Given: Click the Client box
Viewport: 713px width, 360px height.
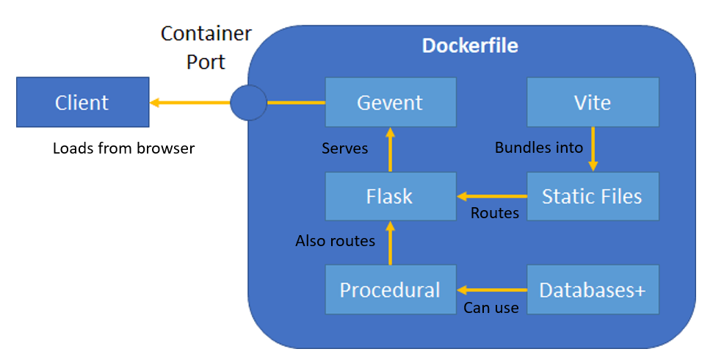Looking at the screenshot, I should click(82, 103).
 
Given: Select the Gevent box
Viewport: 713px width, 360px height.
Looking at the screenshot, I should click(390, 102).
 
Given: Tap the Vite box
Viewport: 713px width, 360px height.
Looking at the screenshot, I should click(592, 102).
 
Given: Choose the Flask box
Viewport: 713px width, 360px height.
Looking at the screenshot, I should click(390, 196).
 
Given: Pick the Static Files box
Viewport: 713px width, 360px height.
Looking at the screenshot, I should click(592, 196).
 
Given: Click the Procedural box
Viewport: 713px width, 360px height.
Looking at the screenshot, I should click(390, 289).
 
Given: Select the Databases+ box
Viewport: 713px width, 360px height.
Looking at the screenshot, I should click(592, 289).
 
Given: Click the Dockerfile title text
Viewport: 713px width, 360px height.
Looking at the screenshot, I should click(470, 46).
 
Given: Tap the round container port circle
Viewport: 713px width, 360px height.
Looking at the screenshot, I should click(248, 103).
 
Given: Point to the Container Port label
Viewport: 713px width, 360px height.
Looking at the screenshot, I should click(206, 47).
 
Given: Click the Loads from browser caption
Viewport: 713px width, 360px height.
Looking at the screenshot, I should click(123, 148).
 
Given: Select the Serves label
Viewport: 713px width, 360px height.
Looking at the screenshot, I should click(345, 148).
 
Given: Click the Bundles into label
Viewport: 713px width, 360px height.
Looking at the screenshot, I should click(539, 148).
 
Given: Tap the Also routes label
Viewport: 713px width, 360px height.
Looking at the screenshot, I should click(335, 240).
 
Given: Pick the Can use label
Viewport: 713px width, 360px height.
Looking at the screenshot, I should click(491, 308).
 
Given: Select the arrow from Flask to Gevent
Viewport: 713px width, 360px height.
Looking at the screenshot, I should click(390, 150).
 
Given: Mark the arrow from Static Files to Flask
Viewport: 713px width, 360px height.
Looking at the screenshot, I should click(492, 196).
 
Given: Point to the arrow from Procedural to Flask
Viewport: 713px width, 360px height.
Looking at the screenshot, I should click(390, 243).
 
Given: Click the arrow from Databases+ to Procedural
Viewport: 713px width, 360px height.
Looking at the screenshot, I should click(492, 289).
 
